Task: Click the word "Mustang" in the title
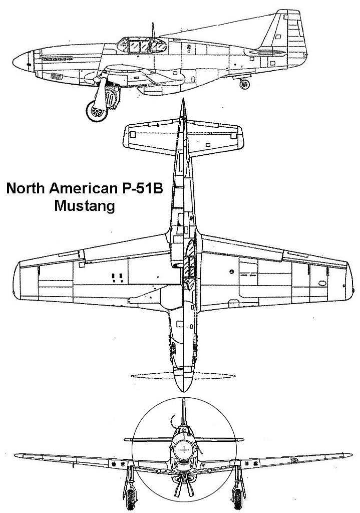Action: [x=85, y=206]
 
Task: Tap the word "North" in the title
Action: [x=26, y=188]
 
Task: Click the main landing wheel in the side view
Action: [x=97, y=111]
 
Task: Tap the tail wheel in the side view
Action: [x=244, y=84]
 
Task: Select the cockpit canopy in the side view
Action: [x=142, y=45]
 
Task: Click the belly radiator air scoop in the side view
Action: [x=160, y=88]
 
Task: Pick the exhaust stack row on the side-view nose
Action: [x=58, y=59]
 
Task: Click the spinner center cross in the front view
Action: [x=184, y=449]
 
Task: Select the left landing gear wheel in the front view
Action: [x=131, y=498]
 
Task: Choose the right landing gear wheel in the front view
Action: [x=238, y=498]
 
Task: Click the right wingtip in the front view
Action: [x=348, y=455]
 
